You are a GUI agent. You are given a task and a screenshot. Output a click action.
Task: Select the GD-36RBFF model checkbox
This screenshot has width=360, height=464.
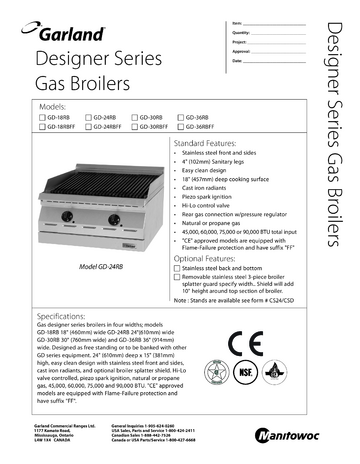[178, 127]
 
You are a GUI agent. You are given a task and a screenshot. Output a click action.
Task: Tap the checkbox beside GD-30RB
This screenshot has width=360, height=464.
[133, 117]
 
